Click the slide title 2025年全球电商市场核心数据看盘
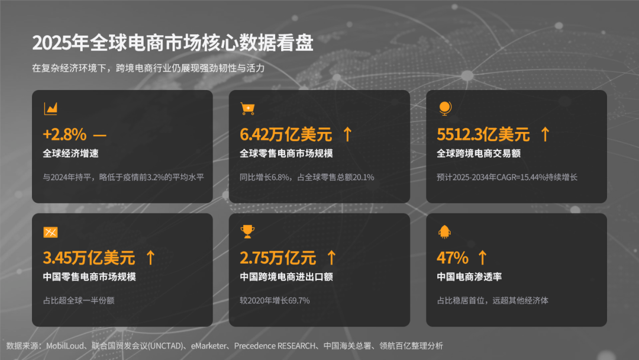173,43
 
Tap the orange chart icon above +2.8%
50,108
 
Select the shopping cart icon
247,108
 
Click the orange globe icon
445,108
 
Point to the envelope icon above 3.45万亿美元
50,232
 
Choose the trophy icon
247,232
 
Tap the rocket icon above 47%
444,232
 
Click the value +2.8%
64,134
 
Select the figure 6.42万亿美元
286,134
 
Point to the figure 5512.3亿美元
483,134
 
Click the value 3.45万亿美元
89,258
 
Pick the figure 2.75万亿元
278,258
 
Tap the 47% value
453,258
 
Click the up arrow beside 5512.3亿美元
546,134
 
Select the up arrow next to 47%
483,258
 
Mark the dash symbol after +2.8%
100,135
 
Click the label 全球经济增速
70,154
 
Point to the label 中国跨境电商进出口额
286,277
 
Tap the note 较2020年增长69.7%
275,301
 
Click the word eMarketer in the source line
208,346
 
